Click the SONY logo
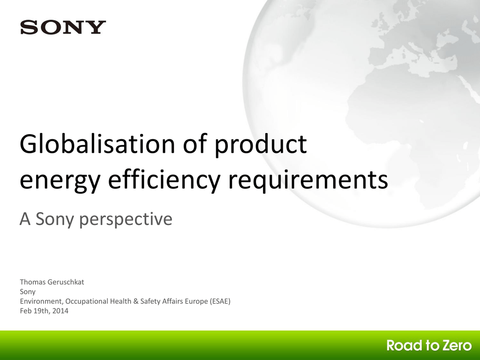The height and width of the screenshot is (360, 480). [63, 27]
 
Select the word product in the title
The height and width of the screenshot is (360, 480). [260, 145]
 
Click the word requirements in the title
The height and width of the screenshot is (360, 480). [308, 180]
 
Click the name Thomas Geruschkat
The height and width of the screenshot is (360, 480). [52, 282]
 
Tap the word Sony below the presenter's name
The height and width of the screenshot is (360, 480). [28, 292]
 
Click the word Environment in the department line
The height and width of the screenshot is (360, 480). [41, 301]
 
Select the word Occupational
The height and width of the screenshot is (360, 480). [87, 301]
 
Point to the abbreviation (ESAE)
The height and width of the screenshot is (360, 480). [220, 301]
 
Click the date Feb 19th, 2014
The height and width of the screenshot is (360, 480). [44, 311]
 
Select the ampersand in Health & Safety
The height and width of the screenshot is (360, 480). [135, 301]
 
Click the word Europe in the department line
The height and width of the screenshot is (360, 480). [196, 302]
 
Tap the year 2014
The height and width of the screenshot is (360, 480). [60, 311]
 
